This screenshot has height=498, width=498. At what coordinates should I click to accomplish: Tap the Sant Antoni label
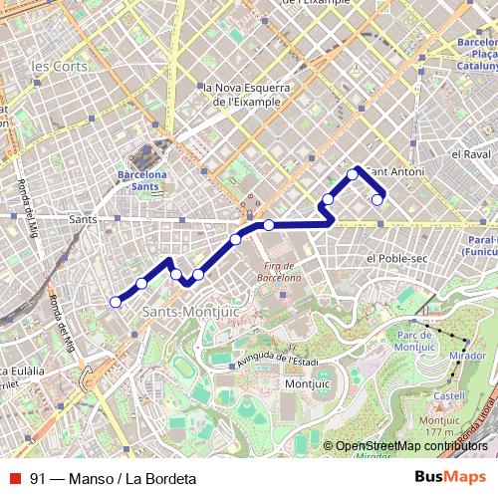[396, 172]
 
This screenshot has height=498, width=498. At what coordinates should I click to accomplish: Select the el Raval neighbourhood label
[468, 155]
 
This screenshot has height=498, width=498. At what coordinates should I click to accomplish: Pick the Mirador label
[467, 355]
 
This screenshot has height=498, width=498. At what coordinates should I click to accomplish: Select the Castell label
[449, 395]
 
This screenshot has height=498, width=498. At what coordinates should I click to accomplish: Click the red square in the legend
[14, 478]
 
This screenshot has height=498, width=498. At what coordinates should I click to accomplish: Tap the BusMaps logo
[449, 478]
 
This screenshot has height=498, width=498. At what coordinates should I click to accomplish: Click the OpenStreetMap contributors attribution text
[411, 446]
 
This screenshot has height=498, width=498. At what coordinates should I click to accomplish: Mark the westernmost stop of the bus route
[116, 302]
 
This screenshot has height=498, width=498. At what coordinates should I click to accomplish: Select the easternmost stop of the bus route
[377, 200]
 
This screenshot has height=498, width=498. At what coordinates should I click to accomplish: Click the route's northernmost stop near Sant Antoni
[353, 174]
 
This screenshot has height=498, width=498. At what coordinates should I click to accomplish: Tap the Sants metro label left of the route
[82, 216]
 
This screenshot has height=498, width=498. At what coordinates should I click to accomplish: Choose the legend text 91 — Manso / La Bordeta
[113, 478]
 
